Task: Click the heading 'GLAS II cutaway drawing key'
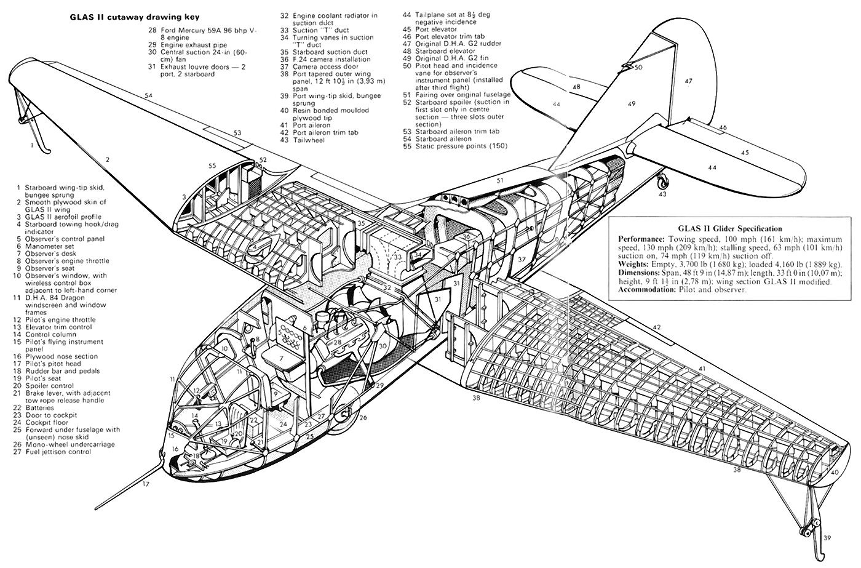[x=134, y=17]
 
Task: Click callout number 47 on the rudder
[x=688, y=81]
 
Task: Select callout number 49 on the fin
[x=632, y=103]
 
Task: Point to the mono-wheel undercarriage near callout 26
[x=348, y=415]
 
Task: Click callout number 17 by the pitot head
[x=146, y=484]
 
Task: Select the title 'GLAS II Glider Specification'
[x=730, y=229]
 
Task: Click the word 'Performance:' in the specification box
[x=641, y=239]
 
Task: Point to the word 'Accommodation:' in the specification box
[x=647, y=290]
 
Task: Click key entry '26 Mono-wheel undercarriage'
[x=64, y=444]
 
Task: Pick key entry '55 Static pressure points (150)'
[x=455, y=146]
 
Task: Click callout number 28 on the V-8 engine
[x=338, y=342]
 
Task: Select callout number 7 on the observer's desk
[x=282, y=358]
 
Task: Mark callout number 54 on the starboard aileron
[x=149, y=95]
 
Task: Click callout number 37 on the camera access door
[x=522, y=259]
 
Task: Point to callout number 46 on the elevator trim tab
[x=723, y=127]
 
